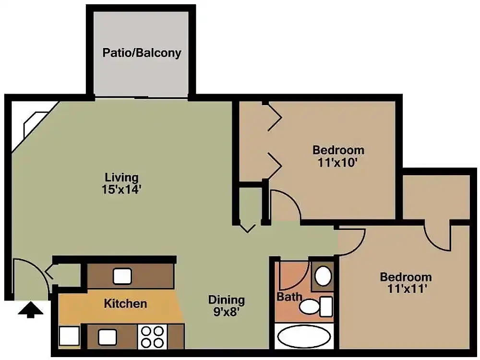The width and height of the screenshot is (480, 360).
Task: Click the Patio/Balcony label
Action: (142, 52)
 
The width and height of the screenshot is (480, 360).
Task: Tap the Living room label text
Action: (122, 178)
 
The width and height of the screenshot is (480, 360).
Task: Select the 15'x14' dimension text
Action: (122, 189)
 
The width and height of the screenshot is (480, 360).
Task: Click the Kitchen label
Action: (125, 303)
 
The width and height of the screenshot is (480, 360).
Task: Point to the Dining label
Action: (226, 300)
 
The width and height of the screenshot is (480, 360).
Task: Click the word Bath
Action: (289, 297)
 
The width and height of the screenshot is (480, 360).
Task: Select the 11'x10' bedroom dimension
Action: (338, 162)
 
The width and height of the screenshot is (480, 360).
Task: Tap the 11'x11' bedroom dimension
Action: (406, 289)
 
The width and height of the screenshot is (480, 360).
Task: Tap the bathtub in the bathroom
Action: (304, 337)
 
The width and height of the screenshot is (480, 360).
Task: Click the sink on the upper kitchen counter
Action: (122, 276)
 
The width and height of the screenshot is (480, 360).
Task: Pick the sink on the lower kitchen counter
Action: (107, 337)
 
